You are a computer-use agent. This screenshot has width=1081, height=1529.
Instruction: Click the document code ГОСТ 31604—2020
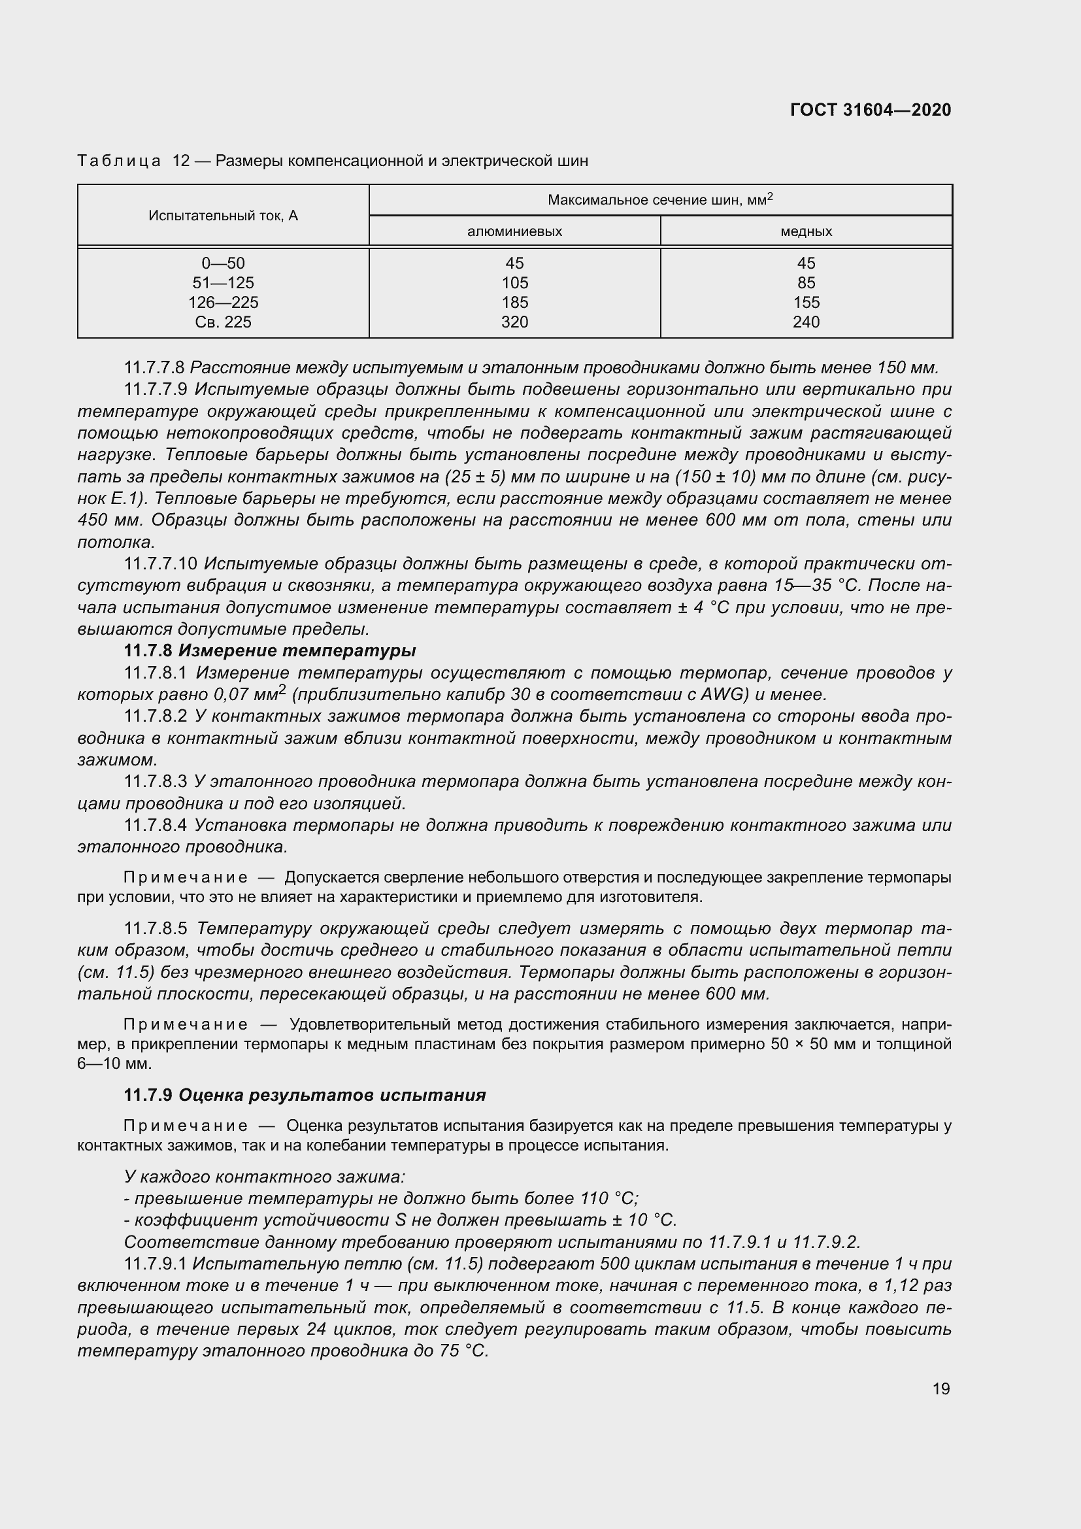870,110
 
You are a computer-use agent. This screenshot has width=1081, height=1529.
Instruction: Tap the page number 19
940,1388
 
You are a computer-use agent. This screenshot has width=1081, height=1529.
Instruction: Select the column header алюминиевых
514,232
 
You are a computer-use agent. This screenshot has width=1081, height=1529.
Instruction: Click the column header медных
806,232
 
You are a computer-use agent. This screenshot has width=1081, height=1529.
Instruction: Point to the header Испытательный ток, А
223,216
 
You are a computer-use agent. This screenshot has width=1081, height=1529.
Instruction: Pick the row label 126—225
223,303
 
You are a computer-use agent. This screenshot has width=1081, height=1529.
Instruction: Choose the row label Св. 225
223,322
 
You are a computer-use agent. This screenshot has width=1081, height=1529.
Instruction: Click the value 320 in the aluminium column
514,322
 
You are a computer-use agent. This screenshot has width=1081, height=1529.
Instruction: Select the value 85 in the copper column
806,283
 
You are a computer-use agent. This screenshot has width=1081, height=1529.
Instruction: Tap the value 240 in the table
806,322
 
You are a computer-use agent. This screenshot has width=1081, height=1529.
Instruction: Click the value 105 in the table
514,283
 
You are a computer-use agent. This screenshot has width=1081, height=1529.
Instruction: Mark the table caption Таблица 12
134,161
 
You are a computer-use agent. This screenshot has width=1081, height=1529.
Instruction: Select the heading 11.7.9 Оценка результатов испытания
305,1095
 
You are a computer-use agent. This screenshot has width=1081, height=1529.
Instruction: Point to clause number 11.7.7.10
160,564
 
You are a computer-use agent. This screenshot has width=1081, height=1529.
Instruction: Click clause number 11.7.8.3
156,781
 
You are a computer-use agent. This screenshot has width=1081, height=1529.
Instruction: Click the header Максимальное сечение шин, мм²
659,200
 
